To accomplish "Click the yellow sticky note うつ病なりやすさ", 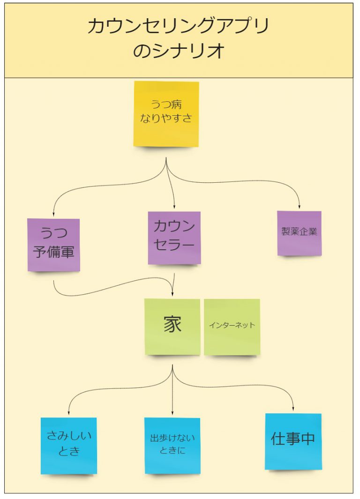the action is point(166,114).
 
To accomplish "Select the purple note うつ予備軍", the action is point(53,245).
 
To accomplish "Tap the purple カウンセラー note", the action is point(174,238).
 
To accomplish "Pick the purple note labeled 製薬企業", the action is point(299,233).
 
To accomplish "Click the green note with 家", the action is point(172,327).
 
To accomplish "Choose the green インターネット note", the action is point(232,327).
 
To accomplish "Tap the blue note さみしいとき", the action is point(69,446).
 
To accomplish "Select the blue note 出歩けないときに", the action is point(172,446).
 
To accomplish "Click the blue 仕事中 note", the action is point(293,441).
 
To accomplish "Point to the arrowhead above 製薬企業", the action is point(299,207).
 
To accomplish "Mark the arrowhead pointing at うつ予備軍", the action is point(53,213).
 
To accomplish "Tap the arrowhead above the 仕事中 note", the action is point(293,409).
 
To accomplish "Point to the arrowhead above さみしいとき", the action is point(69,413).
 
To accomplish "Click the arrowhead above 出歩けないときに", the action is point(172,413).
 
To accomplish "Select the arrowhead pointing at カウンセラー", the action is point(174,207).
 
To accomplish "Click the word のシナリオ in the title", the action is point(179,51).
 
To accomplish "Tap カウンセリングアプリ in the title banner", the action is point(179,26).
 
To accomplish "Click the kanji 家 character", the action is point(172,324).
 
